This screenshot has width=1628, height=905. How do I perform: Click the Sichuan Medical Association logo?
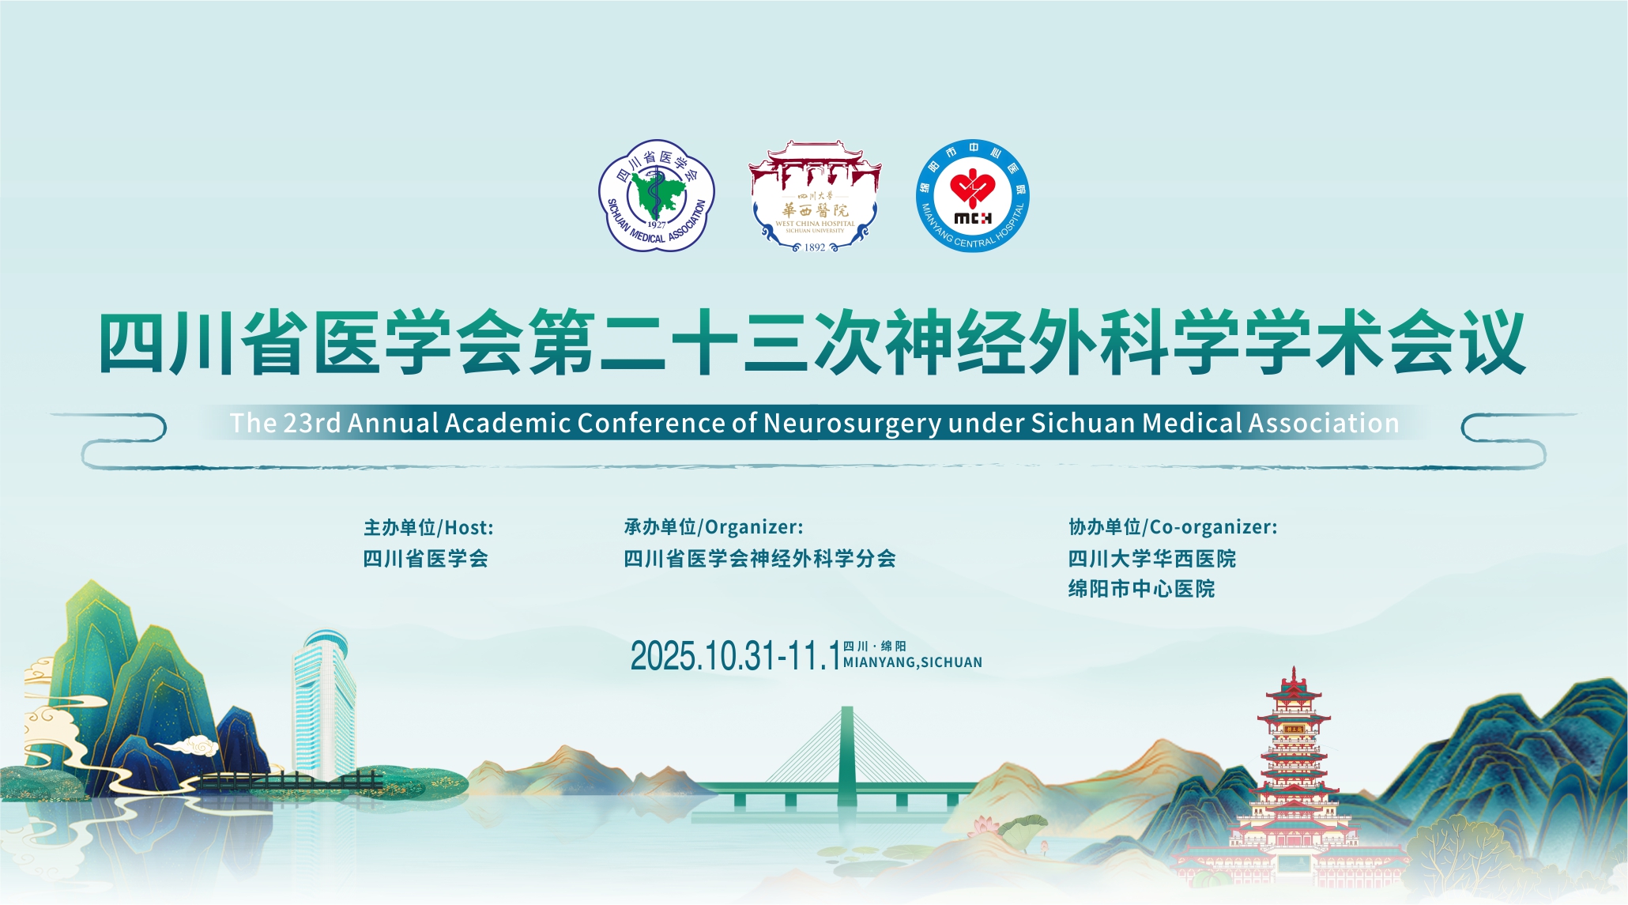point(656,196)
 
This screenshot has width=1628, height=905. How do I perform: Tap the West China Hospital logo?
point(815,197)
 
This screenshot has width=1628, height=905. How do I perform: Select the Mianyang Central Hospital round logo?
point(973,196)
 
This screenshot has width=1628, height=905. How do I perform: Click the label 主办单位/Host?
point(428,527)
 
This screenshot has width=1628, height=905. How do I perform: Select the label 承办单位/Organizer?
point(714,527)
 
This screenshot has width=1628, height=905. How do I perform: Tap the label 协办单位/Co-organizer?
point(1173,527)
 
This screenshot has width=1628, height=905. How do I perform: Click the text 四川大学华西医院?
point(1152,559)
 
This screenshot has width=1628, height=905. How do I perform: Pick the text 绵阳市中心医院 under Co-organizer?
point(1141,589)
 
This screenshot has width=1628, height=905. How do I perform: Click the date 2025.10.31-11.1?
point(735,656)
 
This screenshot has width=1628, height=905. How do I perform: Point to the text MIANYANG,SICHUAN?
point(913,662)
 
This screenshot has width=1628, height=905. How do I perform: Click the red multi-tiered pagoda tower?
point(1293,779)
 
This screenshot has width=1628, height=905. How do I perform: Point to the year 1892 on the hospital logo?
point(815,247)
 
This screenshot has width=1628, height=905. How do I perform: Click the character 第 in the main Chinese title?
point(563,344)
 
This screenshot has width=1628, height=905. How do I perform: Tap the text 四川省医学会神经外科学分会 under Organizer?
point(760,559)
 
